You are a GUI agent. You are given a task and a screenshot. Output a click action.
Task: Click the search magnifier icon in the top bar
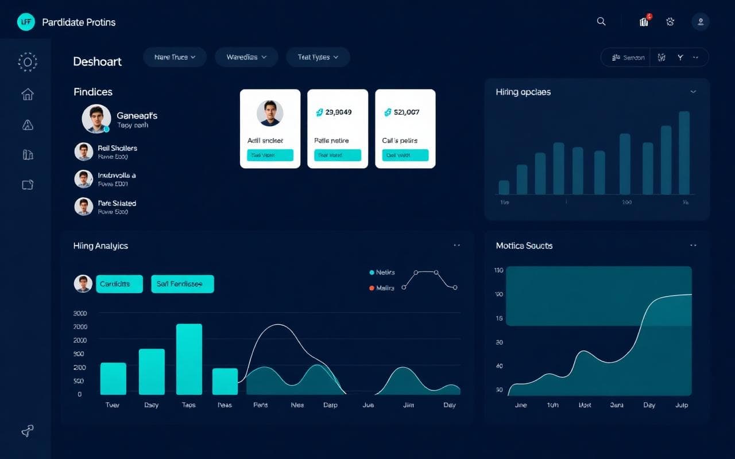(x=601, y=22)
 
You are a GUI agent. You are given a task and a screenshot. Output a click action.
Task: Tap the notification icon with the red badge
(x=644, y=21)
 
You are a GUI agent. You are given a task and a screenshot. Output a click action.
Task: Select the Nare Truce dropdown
(x=175, y=57)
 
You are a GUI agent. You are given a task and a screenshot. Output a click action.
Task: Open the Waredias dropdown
(x=246, y=57)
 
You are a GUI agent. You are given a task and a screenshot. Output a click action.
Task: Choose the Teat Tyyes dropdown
(x=318, y=57)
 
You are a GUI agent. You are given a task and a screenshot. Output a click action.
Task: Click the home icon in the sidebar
(x=27, y=94)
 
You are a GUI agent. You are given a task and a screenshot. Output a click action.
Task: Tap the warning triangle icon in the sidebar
(x=27, y=125)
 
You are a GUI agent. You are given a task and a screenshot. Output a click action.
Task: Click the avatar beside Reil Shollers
(x=84, y=151)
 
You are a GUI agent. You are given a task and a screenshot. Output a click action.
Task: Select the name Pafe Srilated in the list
(x=117, y=203)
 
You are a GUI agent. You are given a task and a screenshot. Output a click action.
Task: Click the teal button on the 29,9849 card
(x=338, y=155)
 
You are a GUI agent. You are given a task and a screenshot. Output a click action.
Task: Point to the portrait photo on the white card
(x=270, y=113)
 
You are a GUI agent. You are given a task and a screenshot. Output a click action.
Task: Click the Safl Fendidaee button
(x=182, y=284)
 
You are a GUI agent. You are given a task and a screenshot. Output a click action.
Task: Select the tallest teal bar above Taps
(x=189, y=359)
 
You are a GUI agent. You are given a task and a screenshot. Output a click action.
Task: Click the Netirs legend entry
(x=383, y=273)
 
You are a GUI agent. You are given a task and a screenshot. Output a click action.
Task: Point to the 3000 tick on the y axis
(x=80, y=313)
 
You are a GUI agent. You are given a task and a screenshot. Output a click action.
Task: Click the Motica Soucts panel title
(x=524, y=246)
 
